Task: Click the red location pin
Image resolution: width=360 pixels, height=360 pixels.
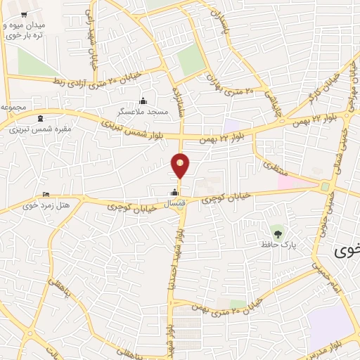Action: point(181,167)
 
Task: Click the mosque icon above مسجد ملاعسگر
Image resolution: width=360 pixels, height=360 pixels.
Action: point(143,101)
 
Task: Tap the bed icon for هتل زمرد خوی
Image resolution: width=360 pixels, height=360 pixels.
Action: point(46,195)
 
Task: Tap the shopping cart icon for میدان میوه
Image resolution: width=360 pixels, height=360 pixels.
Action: point(25,15)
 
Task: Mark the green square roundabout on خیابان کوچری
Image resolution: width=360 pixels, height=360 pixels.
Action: point(326,186)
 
